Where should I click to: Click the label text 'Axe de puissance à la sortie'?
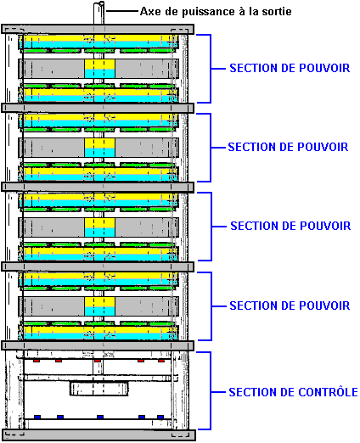pyautogui.click(x=216, y=12)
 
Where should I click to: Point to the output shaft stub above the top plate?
pyautogui.click(x=98, y=13)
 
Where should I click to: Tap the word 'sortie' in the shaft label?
pyautogui.click(x=277, y=11)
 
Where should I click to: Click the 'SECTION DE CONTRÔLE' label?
pyautogui.click(x=293, y=392)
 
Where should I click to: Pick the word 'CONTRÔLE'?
pyautogui.click(x=328, y=392)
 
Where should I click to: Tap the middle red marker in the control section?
pyautogui.click(x=98, y=361)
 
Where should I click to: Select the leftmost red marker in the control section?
pyautogui.click(x=37, y=361)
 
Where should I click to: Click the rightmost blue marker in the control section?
pyautogui.click(x=160, y=417)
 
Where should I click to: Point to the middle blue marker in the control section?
pyautogui.click(x=100, y=417)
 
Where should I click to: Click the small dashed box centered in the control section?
pyautogui.click(x=99, y=389)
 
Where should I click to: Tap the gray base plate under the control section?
pyautogui.click(x=98, y=435)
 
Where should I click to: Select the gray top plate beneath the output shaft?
pyautogui.click(x=98, y=29)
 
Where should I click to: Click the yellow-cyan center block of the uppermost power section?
pyautogui.click(x=99, y=69)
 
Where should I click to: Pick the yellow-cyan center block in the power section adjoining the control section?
pyautogui.click(x=99, y=306)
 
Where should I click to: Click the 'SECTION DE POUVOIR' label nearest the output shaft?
pyautogui.click(x=290, y=68)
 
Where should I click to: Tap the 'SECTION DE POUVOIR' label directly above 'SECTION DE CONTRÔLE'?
pyautogui.click(x=290, y=306)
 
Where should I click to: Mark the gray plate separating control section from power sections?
pyautogui.click(x=98, y=345)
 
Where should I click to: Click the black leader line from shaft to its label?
pyautogui.click(x=122, y=11)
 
